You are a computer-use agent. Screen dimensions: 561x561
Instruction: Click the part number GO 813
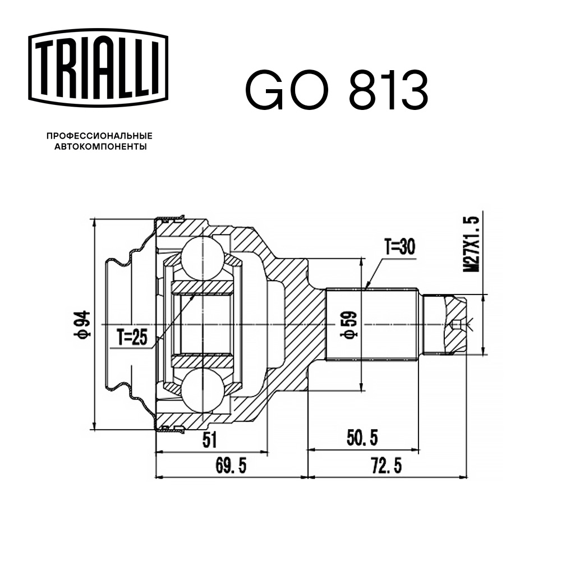click(x=336, y=90)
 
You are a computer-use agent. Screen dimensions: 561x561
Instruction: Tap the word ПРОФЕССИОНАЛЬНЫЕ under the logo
click(x=99, y=136)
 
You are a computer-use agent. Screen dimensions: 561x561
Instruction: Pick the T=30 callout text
click(x=399, y=247)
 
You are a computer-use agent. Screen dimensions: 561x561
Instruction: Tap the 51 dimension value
click(x=209, y=440)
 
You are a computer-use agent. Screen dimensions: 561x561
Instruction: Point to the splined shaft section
click(x=373, y=324)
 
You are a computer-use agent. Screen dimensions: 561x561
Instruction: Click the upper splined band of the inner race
click(x=202, y=287)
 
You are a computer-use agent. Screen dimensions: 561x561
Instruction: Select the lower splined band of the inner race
click(x=202, y=361)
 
